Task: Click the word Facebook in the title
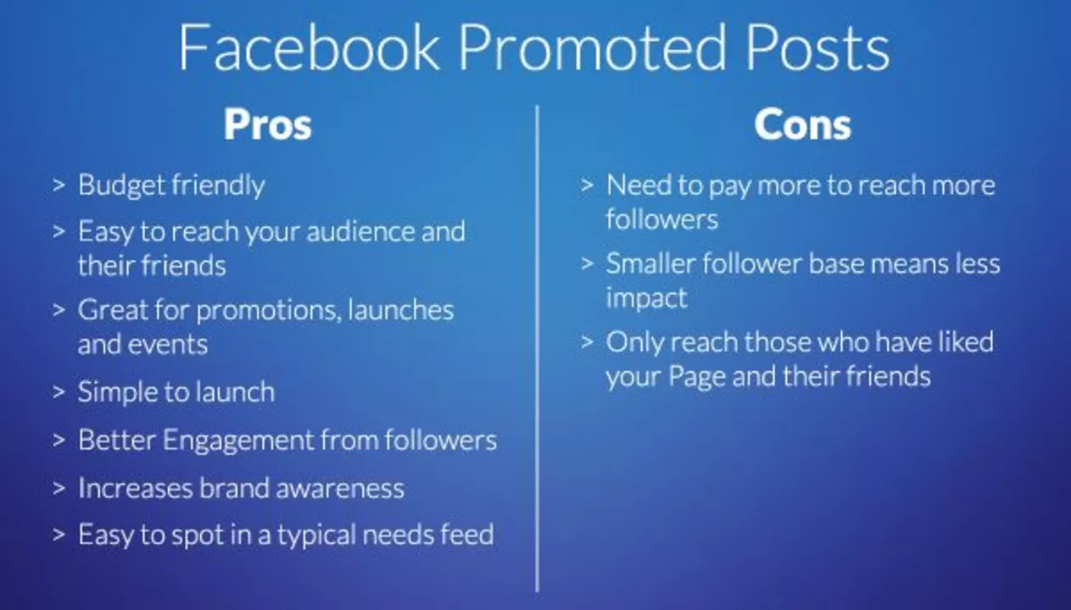pyautogui.click(x=309, y=47)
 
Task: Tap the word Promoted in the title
pyautogui.click(x=593, y=47)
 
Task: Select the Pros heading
pyautogui.click(x=268, y=125)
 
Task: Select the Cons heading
pyautogui.click(x=803, y=125)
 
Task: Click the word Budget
pyautogui.click(x=122, y=186)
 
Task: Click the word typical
pyautogui.click(x=316, y=535)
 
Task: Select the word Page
pyautogui.click(x=697, y=377)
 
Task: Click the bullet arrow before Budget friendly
pyautogui.click(x=59, y=185)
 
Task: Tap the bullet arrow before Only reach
pyautogui.click(x=587, y=341)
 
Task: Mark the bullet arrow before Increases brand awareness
pyautogui.click(x=59, y=488)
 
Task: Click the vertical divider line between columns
pyautogui.click(x=538, y=349)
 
